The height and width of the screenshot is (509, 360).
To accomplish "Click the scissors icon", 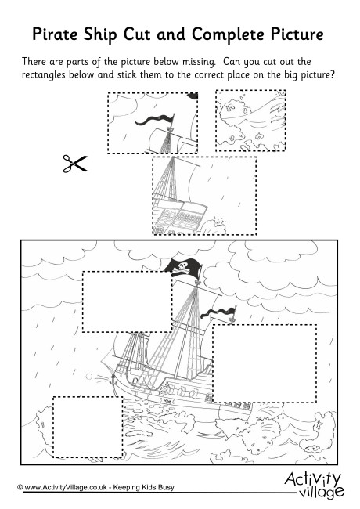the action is tap(75, 164).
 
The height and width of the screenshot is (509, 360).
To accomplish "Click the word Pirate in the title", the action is tap(56, 34).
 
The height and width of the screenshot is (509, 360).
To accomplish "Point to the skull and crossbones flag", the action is tap(182, 267).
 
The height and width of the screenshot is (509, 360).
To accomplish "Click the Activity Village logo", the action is tap(315, 486).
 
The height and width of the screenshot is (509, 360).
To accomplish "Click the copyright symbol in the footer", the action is tap(20, 487).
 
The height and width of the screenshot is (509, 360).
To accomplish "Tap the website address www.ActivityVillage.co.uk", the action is tap(66, 487).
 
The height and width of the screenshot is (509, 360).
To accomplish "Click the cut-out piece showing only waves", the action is tap(250, 121).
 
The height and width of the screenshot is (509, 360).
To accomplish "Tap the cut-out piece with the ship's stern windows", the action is tap(204, 196).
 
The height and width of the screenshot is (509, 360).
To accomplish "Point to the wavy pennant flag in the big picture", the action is tap(218, 313).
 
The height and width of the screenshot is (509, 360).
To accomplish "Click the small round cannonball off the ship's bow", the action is tap(89, 377).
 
